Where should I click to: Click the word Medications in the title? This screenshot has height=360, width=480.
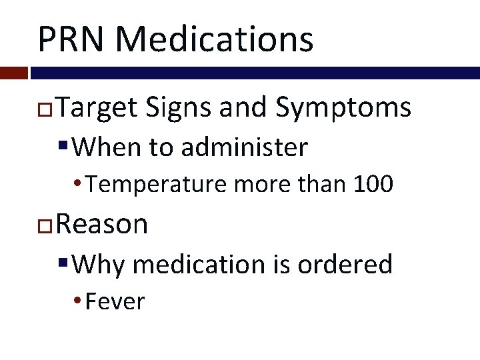[214, 39]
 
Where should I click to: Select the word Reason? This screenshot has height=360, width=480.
[102, 224]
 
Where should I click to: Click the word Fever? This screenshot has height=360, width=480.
[115, 301]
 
